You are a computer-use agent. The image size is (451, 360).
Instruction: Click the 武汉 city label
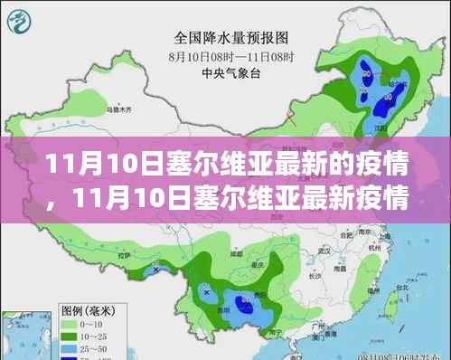click(326, 251)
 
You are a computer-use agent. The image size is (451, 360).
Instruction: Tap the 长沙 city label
click(315, 274)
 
